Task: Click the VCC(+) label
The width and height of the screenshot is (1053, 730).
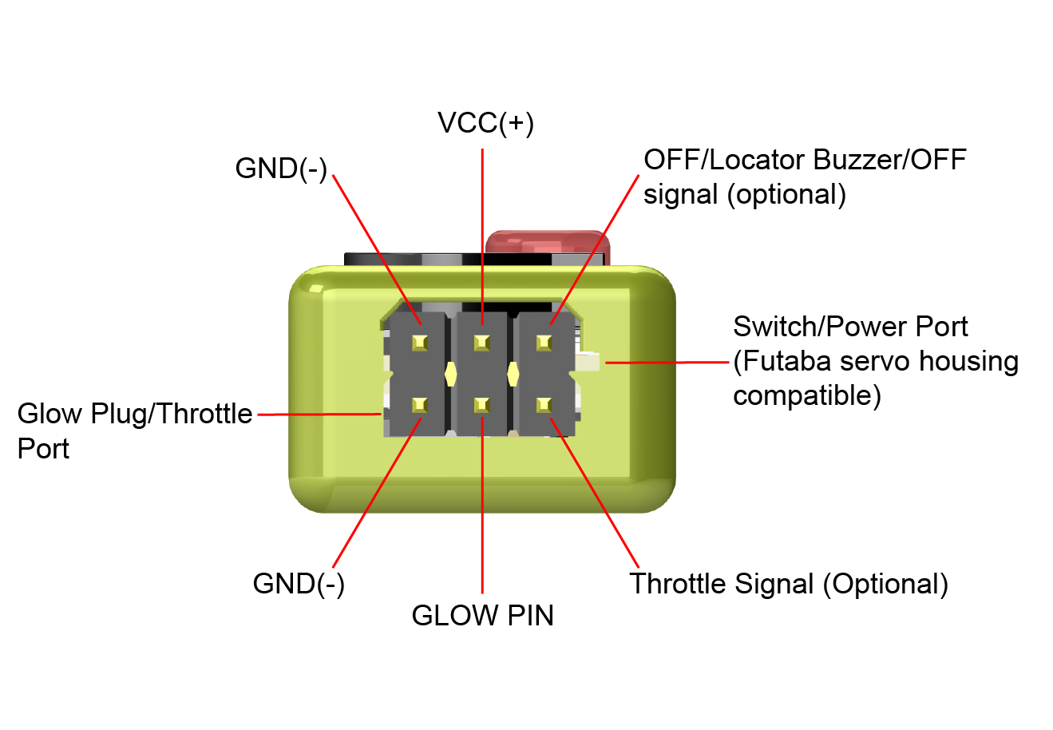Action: pos(485,123)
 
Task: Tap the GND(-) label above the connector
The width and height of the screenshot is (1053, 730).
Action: pos(281,169)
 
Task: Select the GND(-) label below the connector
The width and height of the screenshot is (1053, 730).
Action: pos(299,584)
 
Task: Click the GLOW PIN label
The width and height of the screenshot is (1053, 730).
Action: pos(482,616)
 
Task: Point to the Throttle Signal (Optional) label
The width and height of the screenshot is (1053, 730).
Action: pos(789,584)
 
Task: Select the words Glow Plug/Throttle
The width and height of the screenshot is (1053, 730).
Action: pos(135,414)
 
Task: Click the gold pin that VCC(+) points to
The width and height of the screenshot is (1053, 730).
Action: pos(481,343)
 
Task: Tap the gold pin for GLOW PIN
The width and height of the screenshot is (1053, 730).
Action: pos(481,406)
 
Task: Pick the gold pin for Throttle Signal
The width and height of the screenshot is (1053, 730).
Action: pos(544,406)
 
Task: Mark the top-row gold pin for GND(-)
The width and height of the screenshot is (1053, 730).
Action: pos(420,343)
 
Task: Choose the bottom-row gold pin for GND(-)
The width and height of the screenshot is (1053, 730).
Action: pos(420,406)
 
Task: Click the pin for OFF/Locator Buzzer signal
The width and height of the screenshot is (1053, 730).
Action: pos(544,343)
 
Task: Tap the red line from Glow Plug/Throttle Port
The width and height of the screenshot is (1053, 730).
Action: pos(319,414)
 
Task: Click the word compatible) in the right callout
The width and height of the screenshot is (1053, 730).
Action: pos(807,396)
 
